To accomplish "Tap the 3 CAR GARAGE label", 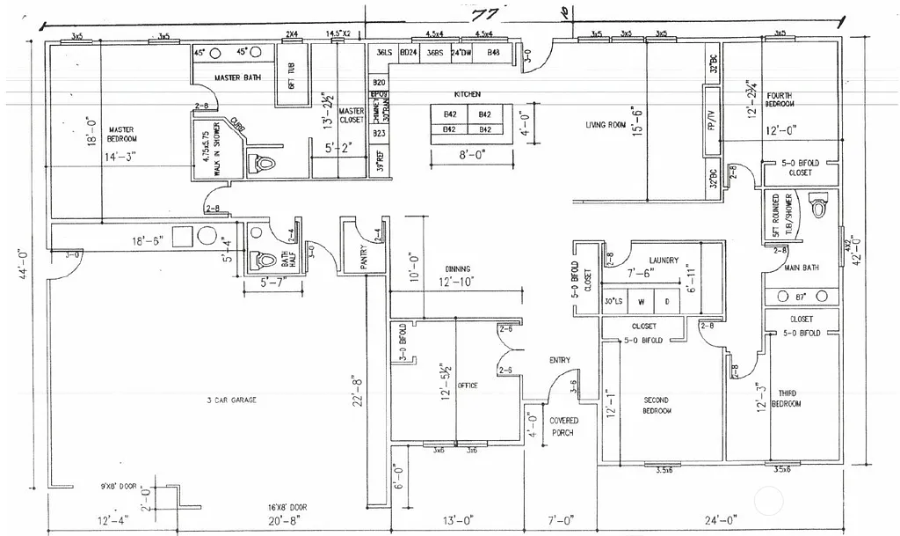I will (x=231, y=400).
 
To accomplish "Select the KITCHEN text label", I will (x=466, y=93).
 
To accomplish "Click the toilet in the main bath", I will (x=819, y=207).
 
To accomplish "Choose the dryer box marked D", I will (x=667, y=301).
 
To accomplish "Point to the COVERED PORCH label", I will (x=563, y=427).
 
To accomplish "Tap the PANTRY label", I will (x=363, y=258).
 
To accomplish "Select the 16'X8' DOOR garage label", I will (x=287, y=508).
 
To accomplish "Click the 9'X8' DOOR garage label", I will (x=120, y=485).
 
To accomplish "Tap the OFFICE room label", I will (x=468, y=385).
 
